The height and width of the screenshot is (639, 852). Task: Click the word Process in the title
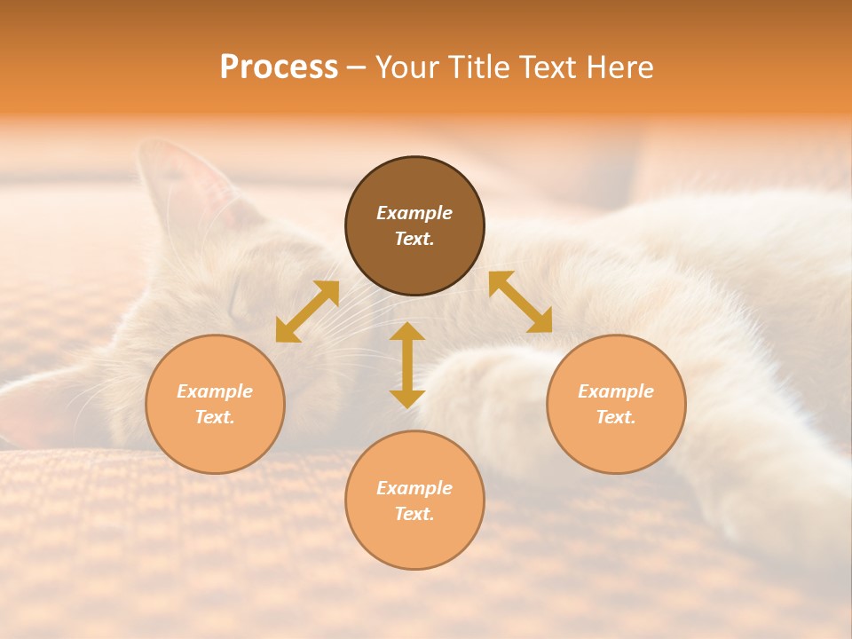[x=279, y=67]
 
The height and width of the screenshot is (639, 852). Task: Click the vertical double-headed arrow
[x=407, y=365]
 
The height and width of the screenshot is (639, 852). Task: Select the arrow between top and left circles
[x=307, y=312]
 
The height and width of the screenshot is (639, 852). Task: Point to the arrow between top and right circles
[x=520, y=302]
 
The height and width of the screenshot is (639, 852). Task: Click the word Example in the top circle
[x=414, y=213]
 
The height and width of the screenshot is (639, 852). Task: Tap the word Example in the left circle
[x=215, y=391]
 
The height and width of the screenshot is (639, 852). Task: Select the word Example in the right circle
[x=616, y=391]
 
